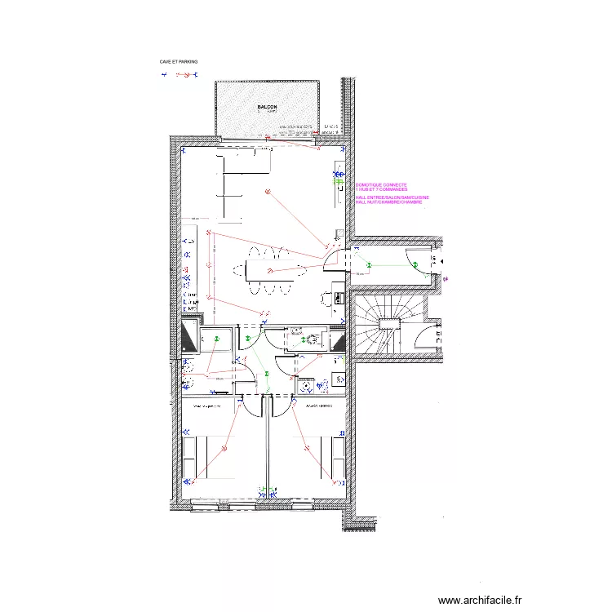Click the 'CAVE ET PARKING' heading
tap(179, 61)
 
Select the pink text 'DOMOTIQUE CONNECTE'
tap(387, 185)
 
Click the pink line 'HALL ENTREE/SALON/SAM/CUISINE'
tap(393, 197)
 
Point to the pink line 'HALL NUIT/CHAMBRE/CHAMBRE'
tap(389, 202)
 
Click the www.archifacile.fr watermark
tap(479, 600)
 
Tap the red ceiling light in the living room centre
tap(267, 190)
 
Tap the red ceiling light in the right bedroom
tap(308, 446)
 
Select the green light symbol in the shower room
tap(217, 338)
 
